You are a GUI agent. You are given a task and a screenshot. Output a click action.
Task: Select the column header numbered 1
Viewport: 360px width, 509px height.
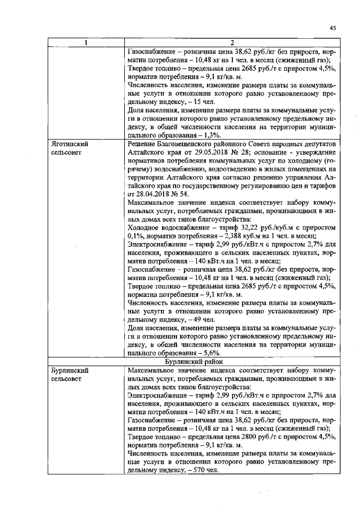point(85,43)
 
